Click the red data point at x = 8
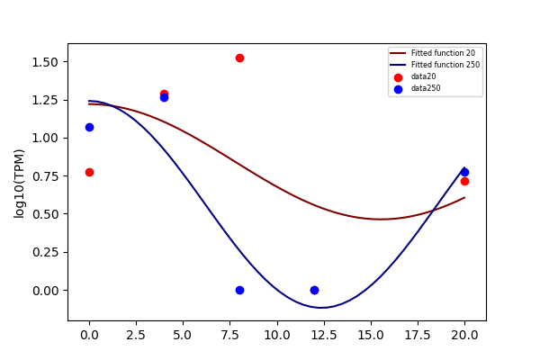tap(239, 58)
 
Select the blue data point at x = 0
tap(89, 128)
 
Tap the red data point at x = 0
tap(89, 172)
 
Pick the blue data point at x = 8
tap(239, 290)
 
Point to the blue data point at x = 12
tap(314, 290)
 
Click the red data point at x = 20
tap(464, 181)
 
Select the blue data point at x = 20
tap(464, 172)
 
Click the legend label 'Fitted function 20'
tap(443, 53)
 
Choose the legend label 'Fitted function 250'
tap(445, 65)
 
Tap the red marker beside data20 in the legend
tap(398, 77)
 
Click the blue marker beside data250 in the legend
tap(398, 90)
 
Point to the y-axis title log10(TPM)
tap(19, 184)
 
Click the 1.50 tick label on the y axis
tap(45, 62)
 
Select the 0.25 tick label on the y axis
tap(45, 253)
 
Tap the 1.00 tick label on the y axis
tap(45, 138)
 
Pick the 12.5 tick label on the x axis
tap(324, 335)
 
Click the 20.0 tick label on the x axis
tap(464, 335)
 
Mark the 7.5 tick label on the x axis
tap(230, 335)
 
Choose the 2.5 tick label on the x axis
tap(136, 335)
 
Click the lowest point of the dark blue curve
tap(321, 307)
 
